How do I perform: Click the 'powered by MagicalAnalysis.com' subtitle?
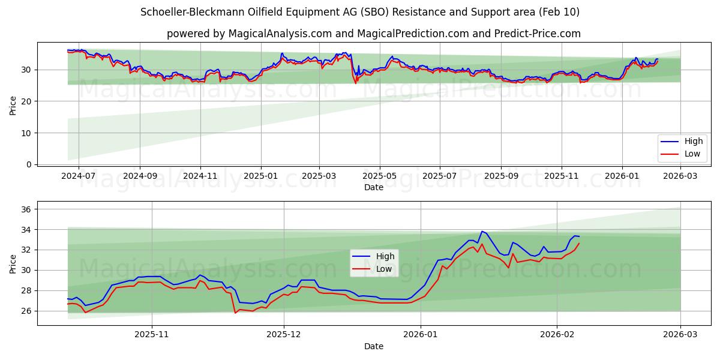tap(373, 34)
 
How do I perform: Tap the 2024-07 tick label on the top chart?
tap(79, 176)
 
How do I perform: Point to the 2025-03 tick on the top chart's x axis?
tap(319, 176)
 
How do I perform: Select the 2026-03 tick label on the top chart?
tap(680, 176)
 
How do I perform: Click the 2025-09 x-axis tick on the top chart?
tap(501, 176)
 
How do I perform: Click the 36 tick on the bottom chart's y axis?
tap(26, 209)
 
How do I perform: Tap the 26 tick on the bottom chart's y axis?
tap(26, 311)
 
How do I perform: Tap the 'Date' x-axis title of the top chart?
tap(373, 187)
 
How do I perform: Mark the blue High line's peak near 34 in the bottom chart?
tap(482, 231)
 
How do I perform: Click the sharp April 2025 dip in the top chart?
tap(355, 83)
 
